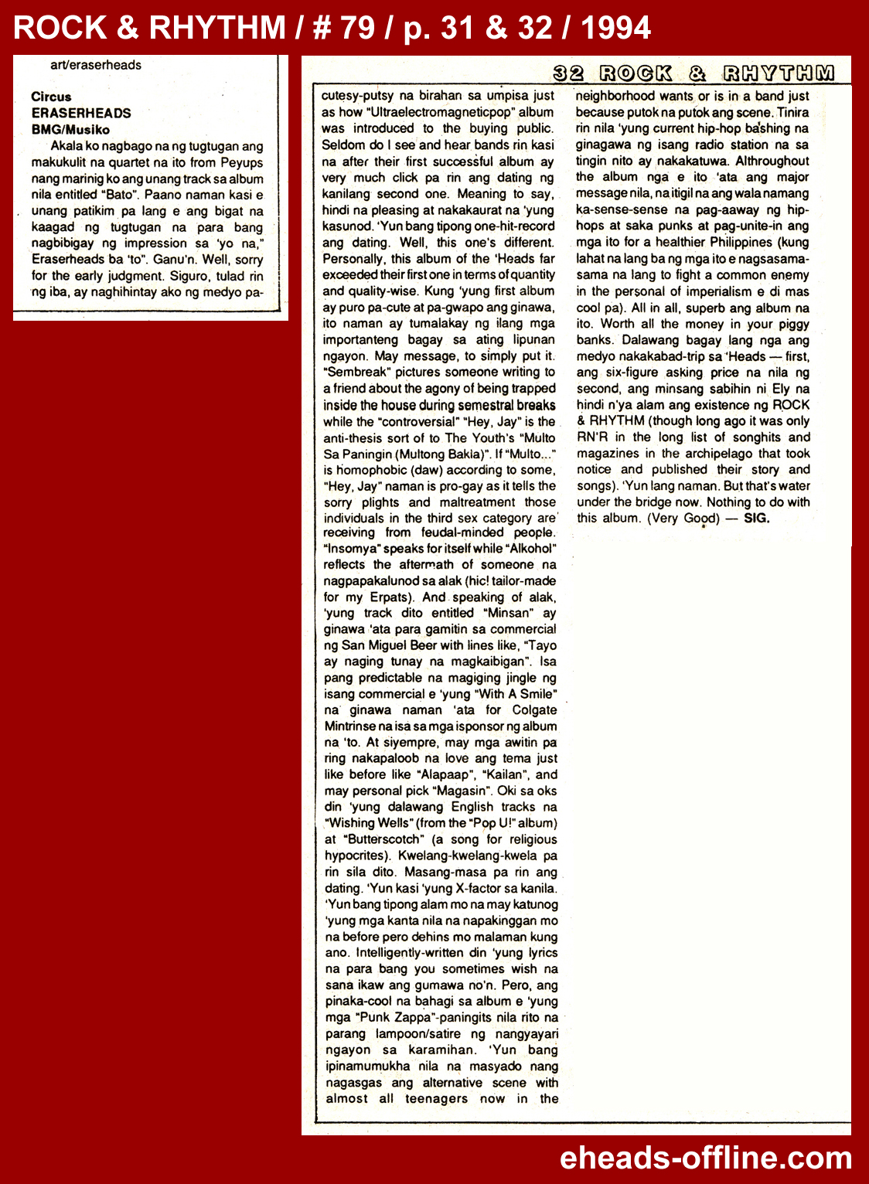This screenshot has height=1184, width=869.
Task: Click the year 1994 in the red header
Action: [x=615, y=28]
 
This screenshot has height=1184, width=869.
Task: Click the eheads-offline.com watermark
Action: [x=705, y=1158]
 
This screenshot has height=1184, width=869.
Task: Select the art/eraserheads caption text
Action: [x=96, y=65]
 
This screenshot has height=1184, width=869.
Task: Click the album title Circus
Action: [x=51, y=97]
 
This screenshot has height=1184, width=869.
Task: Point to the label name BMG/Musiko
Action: [x=70, y=130]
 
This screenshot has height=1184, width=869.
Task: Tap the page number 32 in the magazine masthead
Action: [x=569, y=73]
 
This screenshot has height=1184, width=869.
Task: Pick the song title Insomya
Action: [x=352, y=549]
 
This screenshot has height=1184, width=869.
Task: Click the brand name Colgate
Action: [x=533, y=709]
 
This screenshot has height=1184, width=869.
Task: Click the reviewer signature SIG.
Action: [x=756, y=518]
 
